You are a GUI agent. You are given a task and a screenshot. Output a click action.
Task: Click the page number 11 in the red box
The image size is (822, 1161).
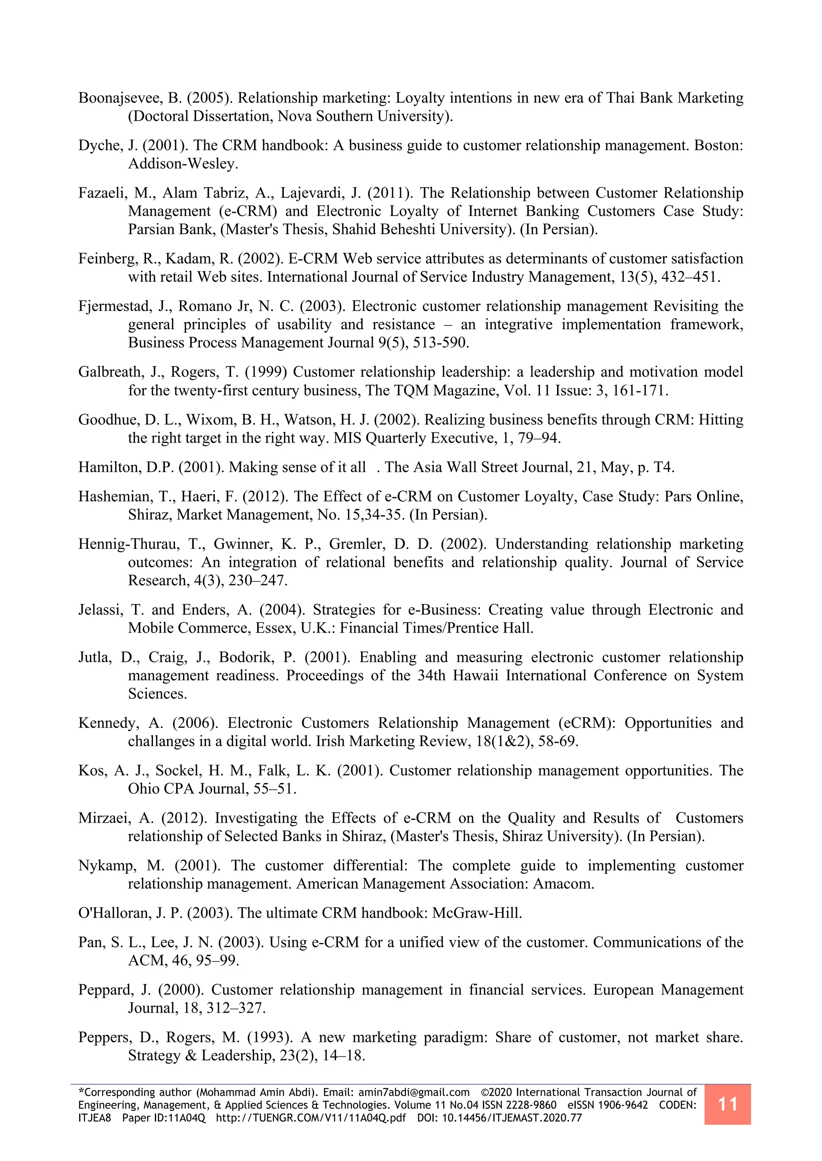(727, 1104)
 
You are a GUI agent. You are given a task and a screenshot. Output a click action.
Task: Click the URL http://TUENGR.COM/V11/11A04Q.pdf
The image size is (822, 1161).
(311, 1118)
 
